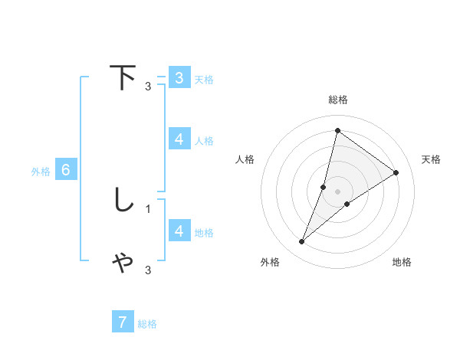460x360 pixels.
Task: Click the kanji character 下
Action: pyautogui.click(x=123, y=78)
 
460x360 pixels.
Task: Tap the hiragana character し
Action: pyautogui.click(x=123, y=201)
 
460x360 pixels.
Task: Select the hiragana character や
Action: pyautogui.click(x=123, y=263)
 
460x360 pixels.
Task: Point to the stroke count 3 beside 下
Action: pyautogui.click(x=148, y=86)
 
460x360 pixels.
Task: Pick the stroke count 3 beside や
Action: pyautogui.click(x=148, y=270)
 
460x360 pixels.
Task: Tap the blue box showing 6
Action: pyautogui.click(x=66, y=171)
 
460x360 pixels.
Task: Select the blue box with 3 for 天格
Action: pyautogui.click(x=179, y=78)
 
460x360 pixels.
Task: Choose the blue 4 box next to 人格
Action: pyautogui.click(x=179, y=139)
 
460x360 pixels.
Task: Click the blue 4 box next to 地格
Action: pyautogui.click(x=179, y=231)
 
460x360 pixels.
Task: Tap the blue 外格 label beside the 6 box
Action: pyautogui.click(x=41, y=172)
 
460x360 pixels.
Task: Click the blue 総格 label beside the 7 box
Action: pyautogui.click(x=147, y=324)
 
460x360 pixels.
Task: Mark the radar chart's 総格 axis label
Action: pyautogui.click(x=337, y=100)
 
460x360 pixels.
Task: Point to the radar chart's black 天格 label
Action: pyautogui.click(x=431, y=159)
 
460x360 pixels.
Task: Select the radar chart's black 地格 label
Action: pyautogui.click(x=402, y=262)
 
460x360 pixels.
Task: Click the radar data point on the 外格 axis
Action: pyautogui.click(x=302, y=242)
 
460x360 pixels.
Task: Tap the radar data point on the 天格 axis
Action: pyautogui.click(x=396, y=172)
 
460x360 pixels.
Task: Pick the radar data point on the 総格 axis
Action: pyautogui.click(x=337, y=130)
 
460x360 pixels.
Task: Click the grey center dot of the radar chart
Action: pyautogui.click(x=337, y=191)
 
